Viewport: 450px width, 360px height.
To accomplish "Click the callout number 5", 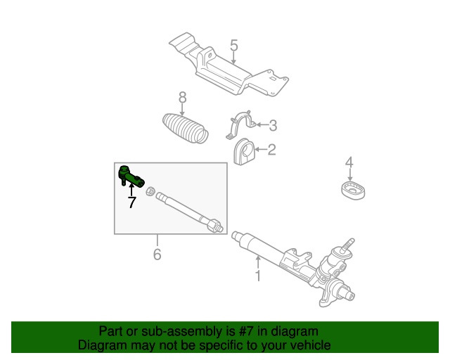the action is point(234,46).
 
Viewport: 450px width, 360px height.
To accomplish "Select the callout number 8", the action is point(183,98).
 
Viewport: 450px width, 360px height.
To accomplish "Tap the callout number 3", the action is point(273,125).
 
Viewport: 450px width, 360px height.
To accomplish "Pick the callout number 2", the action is point(271,150).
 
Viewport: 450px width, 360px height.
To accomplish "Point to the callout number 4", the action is point(349,162).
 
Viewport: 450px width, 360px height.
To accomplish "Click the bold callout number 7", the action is point(131,202).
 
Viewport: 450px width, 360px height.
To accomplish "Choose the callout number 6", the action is point(157,254).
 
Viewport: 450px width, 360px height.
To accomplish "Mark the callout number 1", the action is point(258,276).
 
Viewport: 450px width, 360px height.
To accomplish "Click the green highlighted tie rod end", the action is point(131,177).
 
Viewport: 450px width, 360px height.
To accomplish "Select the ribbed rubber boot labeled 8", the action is point(186,128).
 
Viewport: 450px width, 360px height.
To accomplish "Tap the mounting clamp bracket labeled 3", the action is point(241,124).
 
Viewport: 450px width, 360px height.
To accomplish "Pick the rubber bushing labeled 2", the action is point(244,152).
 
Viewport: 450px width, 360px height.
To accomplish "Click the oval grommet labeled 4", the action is point(353,190).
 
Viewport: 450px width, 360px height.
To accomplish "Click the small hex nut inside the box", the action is point(150,191).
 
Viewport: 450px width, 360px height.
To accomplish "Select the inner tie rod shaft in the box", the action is point(189,212).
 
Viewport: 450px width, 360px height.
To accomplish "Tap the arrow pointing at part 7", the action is point(131,189).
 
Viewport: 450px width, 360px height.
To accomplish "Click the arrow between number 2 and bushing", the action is point(261,149).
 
